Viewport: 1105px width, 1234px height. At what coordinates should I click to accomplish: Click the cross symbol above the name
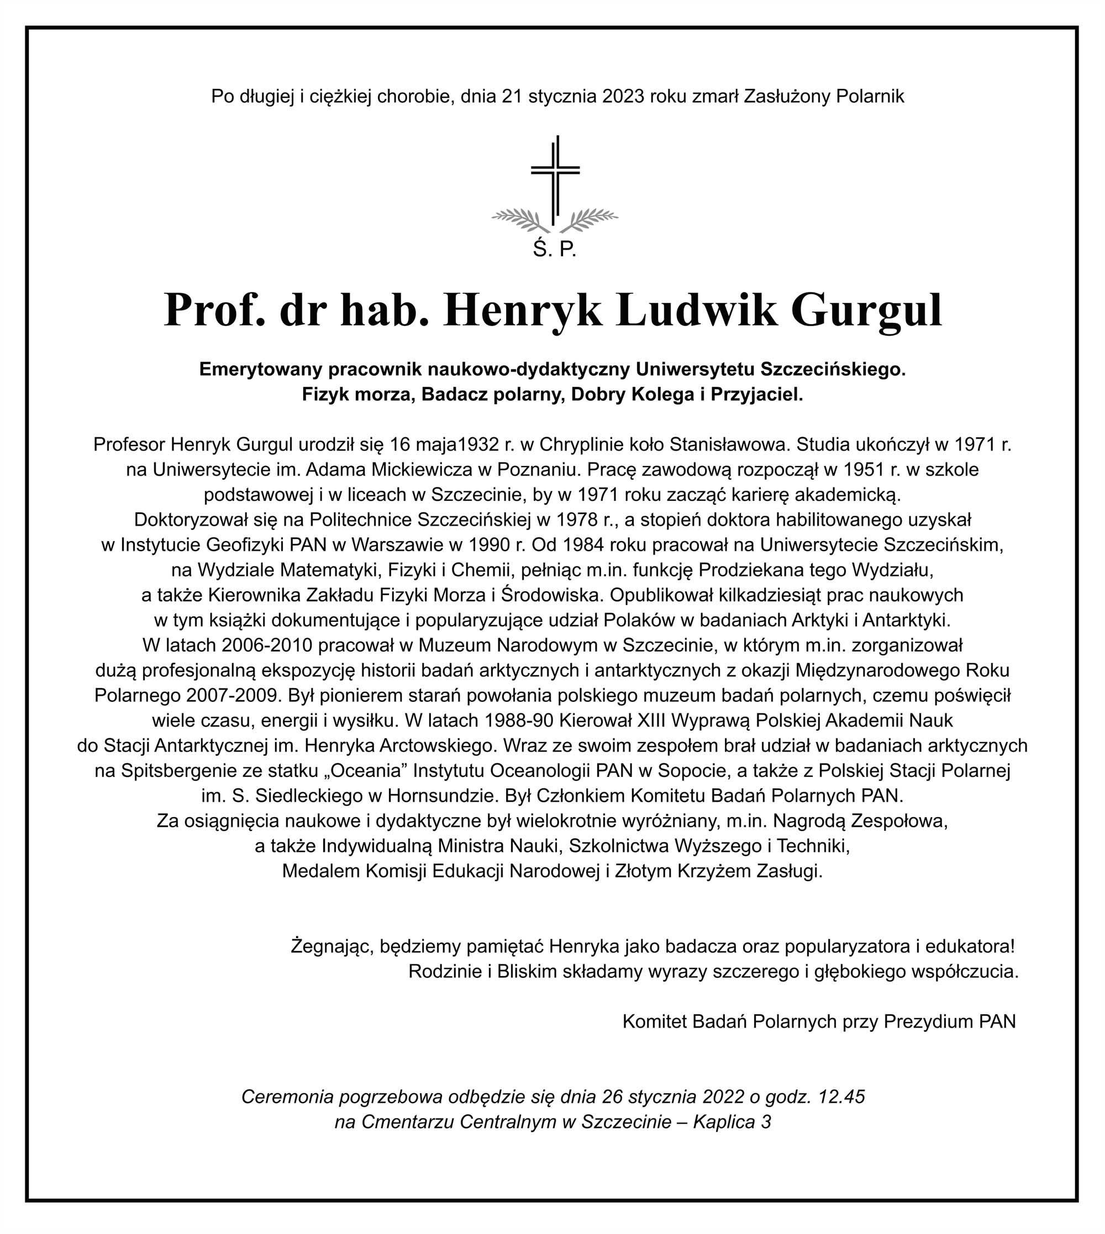tap(555, 176)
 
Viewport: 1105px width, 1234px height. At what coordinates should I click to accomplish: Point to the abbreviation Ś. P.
tap(554, 250)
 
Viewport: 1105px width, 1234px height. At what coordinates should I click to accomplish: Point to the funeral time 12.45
tap(841, 1097)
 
